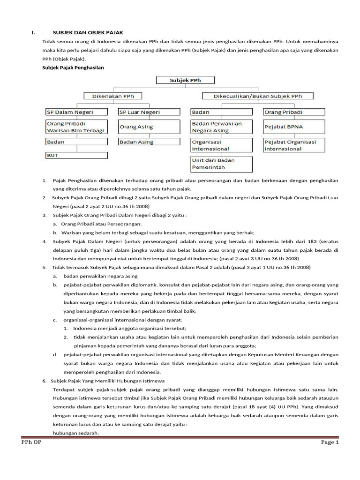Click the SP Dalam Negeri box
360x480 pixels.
coord(75,112)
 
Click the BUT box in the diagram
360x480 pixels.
coord(75,155)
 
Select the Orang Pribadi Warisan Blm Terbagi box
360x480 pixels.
coord(75,127)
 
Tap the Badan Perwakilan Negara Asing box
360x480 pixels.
coord(221,127)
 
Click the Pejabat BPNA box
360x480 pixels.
coord(293,127)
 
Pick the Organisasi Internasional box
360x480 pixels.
coord(221,145)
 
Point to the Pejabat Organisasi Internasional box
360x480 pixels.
coord(293,145)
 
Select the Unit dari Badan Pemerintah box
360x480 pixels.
coord(221,164)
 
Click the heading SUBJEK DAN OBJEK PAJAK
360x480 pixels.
coord(88,32)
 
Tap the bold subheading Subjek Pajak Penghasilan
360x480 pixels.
coord(73,68)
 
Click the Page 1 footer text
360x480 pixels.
coord(330,442)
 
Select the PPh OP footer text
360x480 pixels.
coord(31,442)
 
